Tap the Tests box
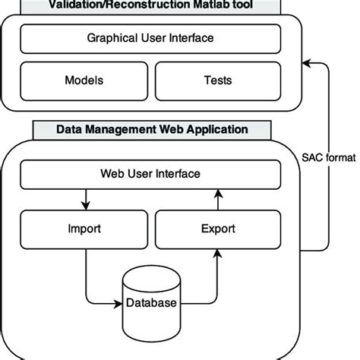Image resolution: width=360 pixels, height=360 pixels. click(x=218, y=80)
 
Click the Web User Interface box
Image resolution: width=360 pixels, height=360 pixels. click(x=150, y=174)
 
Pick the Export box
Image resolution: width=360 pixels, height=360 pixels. click(x=218, y=228)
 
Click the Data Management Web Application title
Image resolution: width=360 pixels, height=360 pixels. click(x=150, y=130)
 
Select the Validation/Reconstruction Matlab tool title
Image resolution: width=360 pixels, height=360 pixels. click(x=150, y=5)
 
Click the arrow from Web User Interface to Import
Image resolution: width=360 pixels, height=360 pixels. click(x=87, y=201)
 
